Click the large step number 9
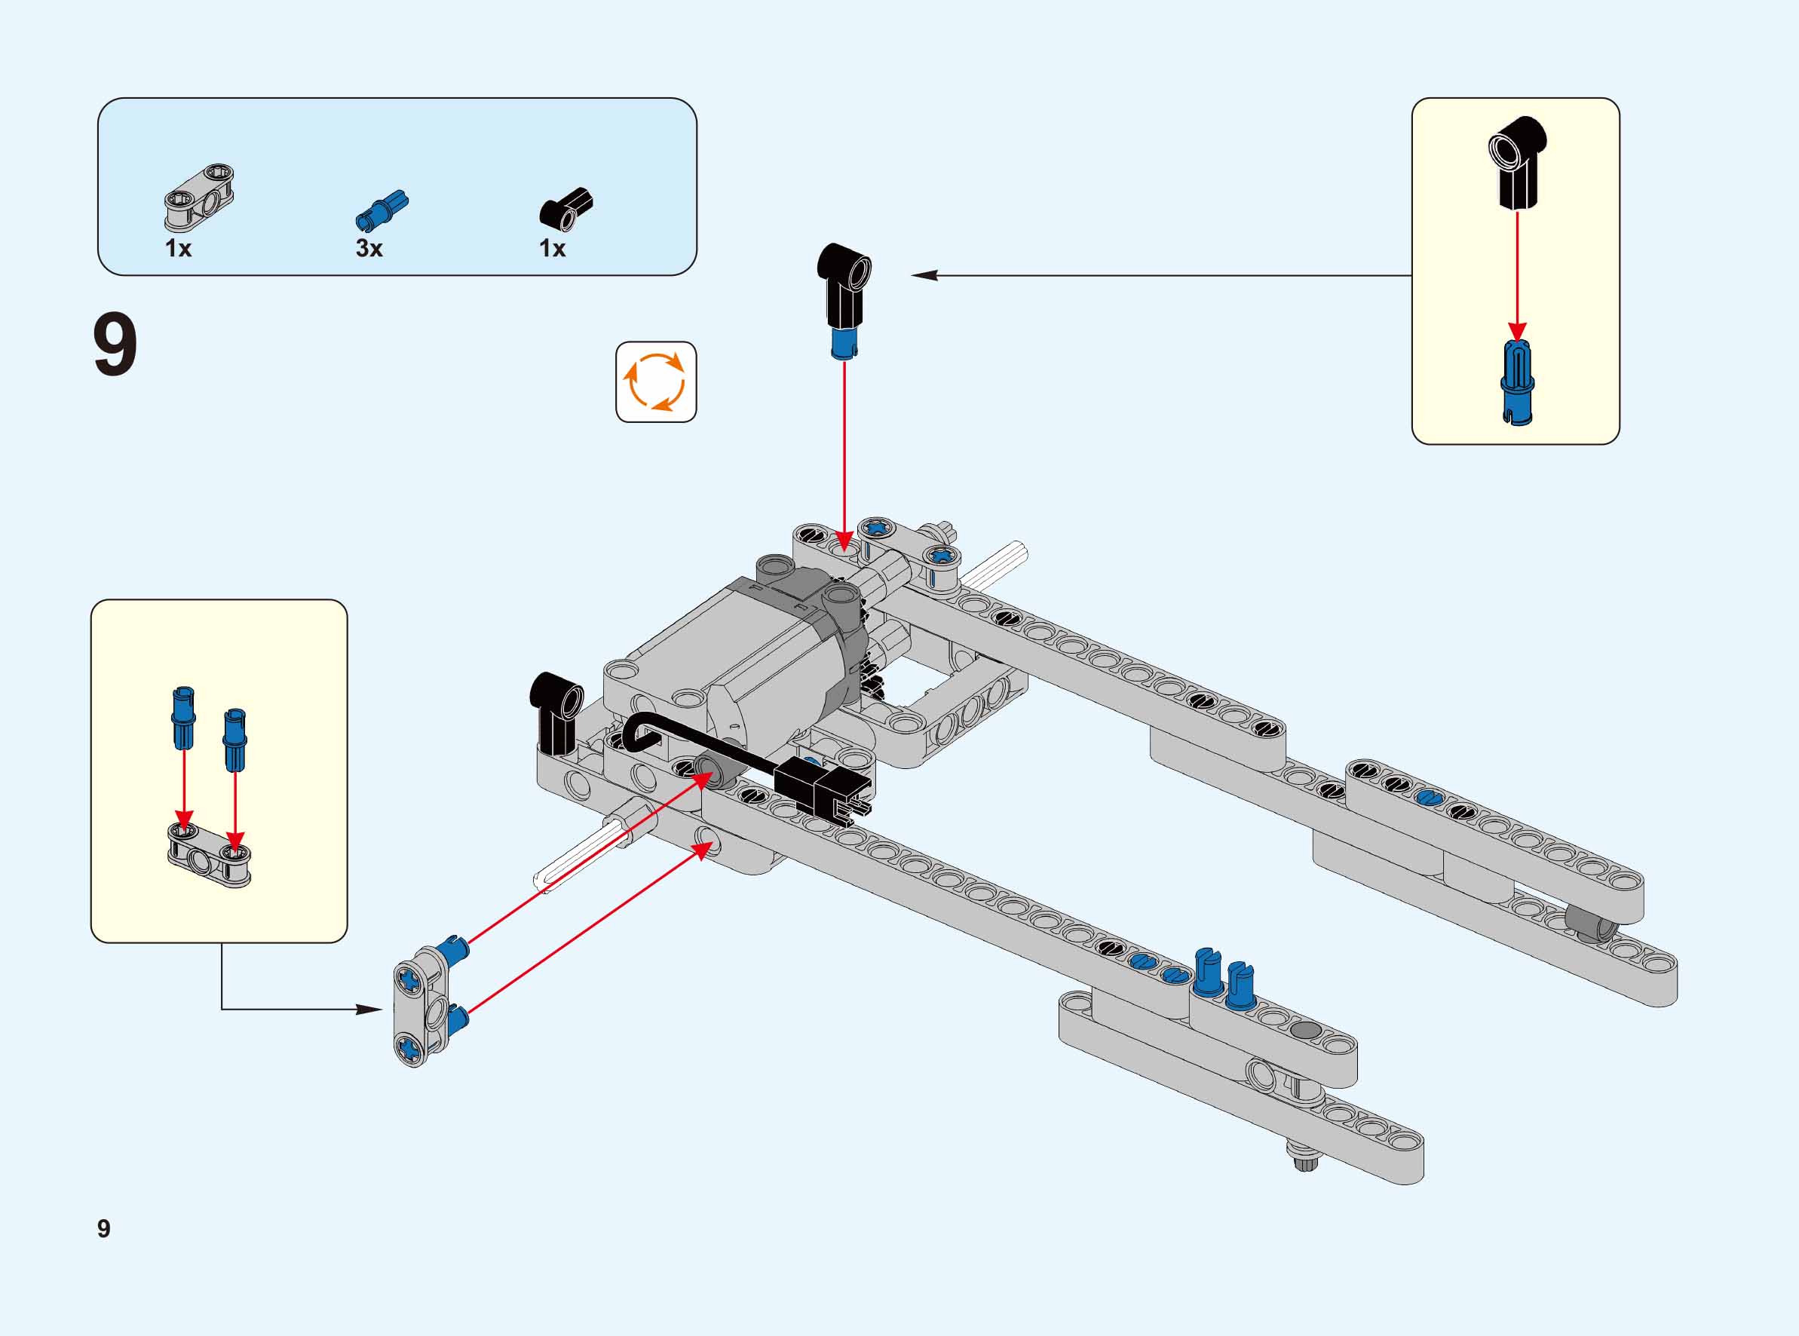click(115, 345)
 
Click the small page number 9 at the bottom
click(103, 1228)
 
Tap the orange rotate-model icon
click(656, 381)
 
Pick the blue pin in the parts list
click(382, 210)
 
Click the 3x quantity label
click(369, 248)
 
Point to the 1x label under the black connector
click(552, 248)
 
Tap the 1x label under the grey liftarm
click(178, 248)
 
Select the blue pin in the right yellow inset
click(1518, 382)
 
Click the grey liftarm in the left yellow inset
click(210, 854)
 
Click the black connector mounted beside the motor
click(555, 710)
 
